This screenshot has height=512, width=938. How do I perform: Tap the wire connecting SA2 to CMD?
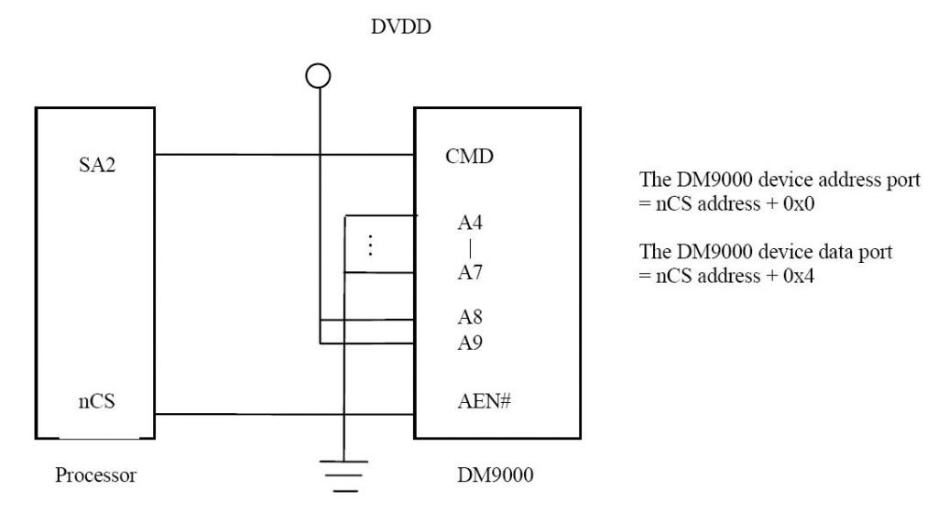tap(284, 155)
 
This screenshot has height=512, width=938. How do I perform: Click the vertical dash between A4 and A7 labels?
tap(469, 248)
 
